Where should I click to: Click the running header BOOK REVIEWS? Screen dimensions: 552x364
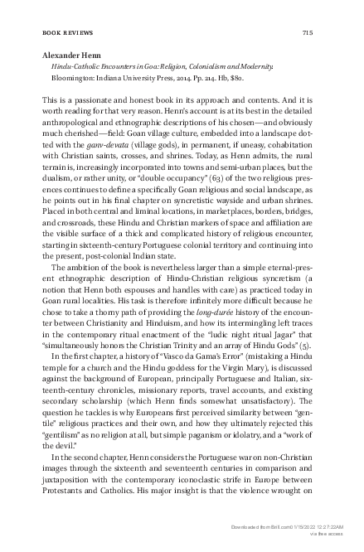[x=63, y=33]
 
